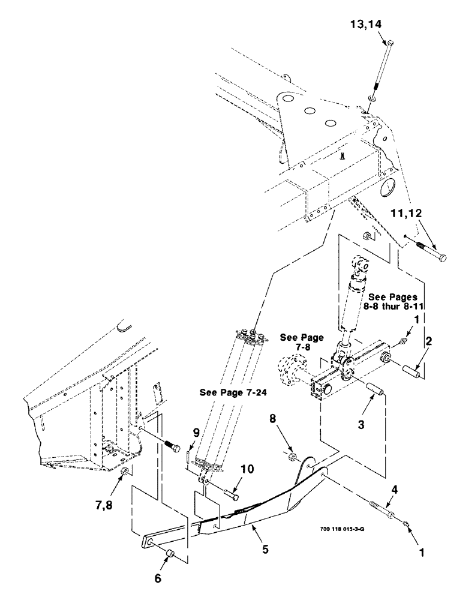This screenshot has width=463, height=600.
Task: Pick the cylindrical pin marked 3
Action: coord(375,388)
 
